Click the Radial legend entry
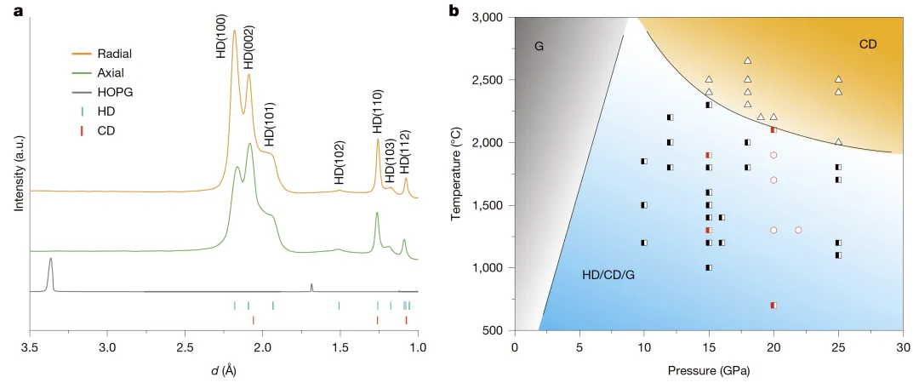tap(113, 54)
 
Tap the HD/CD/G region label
tap(608, 276)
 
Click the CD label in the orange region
tap(867, 43)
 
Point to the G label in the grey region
tap(539, 45)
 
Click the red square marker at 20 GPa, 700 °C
tap(773, 305)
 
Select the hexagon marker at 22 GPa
tap(798, 230)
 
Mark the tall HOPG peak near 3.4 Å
tap(51, 260)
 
